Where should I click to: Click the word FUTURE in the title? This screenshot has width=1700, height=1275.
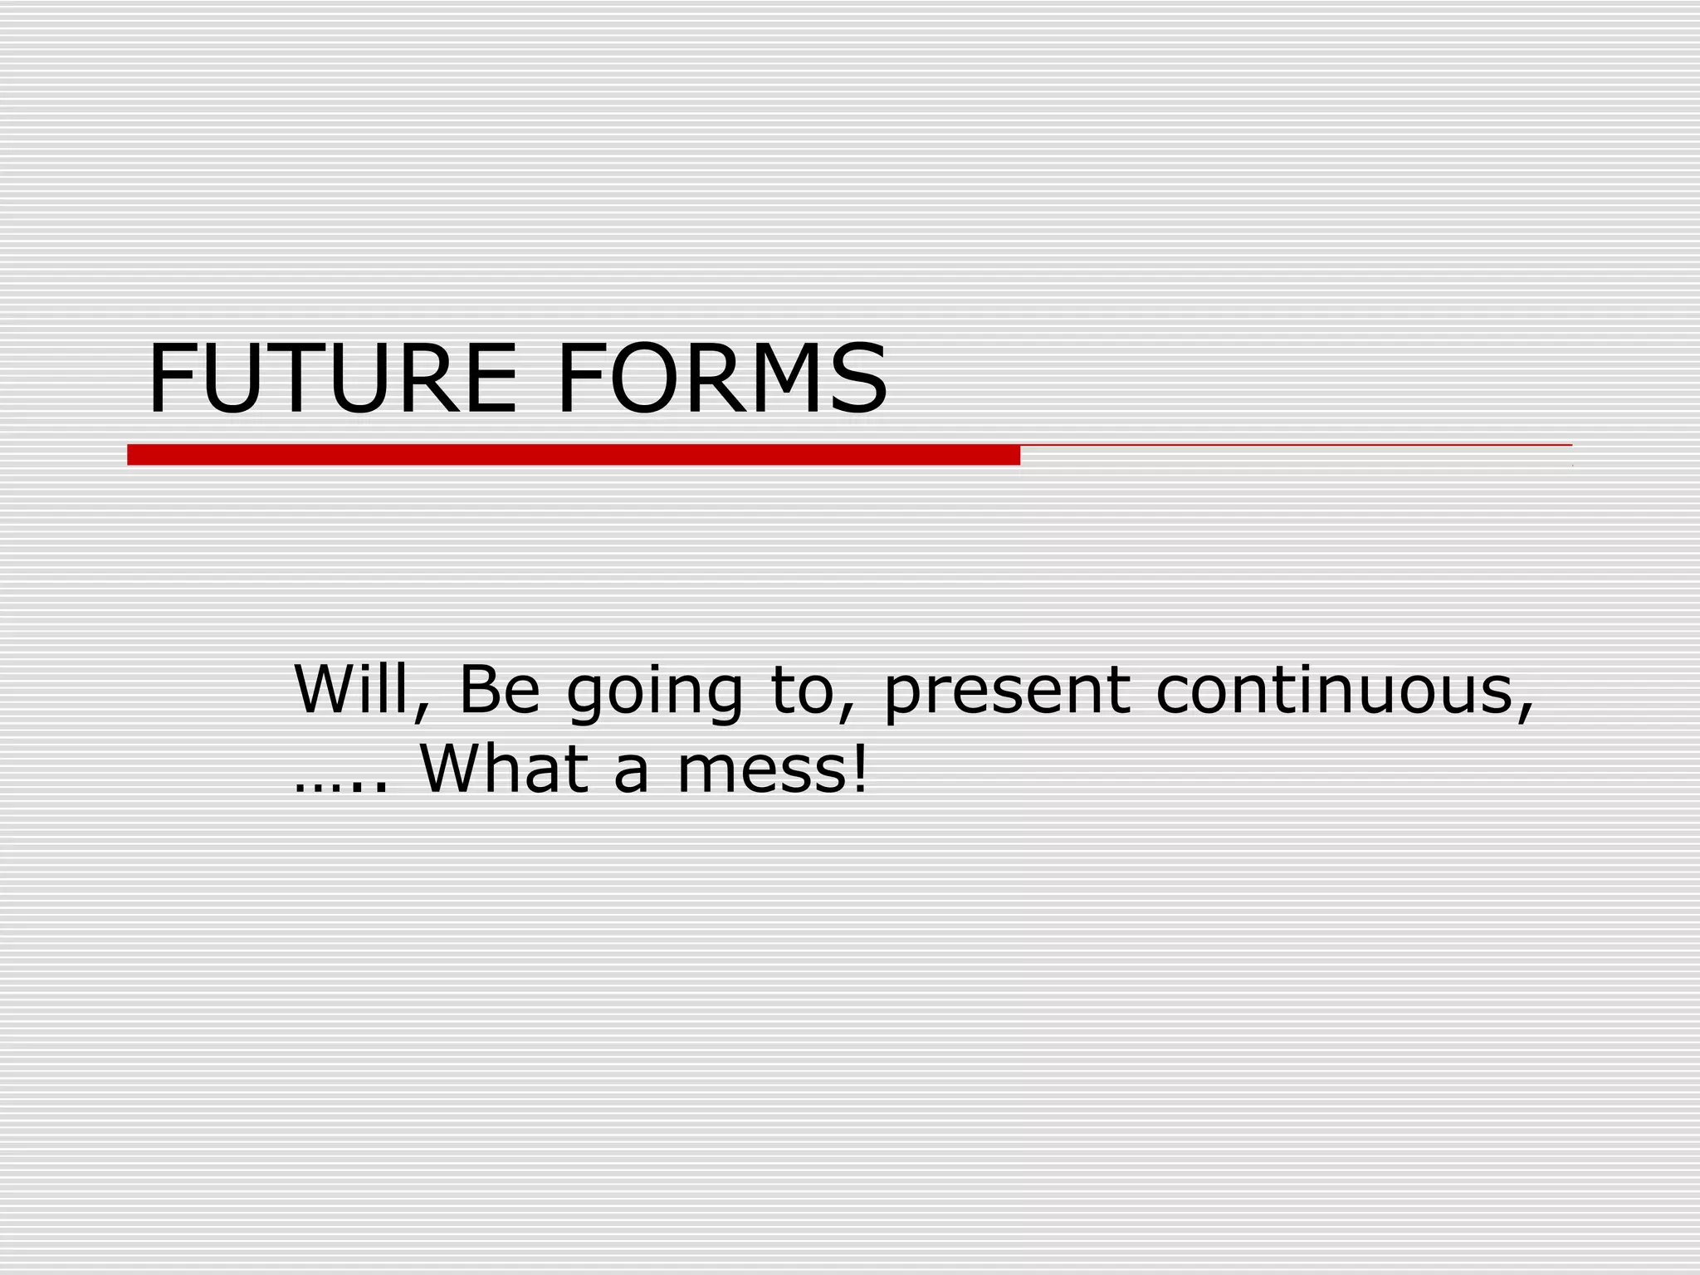[332, 379]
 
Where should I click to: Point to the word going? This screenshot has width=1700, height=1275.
[655, 694]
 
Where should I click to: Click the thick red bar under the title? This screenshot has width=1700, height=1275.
[573, 455]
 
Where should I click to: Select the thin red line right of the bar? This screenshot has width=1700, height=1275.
[1295, 446]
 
